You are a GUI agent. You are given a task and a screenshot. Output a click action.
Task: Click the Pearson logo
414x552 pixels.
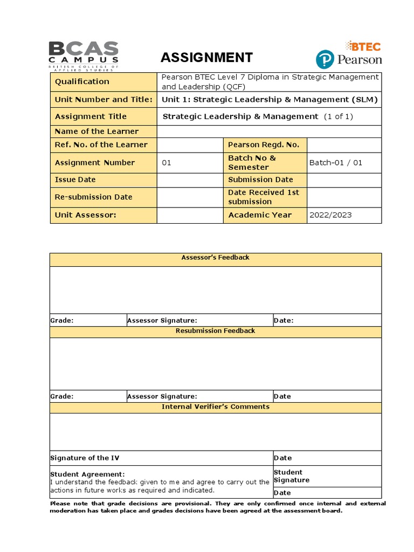point(349,59)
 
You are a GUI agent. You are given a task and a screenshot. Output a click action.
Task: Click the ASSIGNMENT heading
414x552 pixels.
point(206,58)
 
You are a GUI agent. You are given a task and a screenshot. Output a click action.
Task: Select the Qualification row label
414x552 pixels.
point(81,81)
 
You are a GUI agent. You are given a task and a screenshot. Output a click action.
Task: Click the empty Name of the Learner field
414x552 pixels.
point(269,132)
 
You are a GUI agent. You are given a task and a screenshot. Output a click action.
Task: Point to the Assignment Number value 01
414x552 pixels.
point(167,163)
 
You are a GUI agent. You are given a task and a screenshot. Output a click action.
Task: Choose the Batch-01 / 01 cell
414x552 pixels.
point(335,163)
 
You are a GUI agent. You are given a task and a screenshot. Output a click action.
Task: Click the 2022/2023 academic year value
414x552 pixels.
point(330,215)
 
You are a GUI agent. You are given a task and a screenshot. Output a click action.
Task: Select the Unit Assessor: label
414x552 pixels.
point(85,215)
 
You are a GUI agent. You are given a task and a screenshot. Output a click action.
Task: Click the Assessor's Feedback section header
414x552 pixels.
point(216,258)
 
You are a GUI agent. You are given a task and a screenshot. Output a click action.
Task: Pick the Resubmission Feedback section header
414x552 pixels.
point(216,331)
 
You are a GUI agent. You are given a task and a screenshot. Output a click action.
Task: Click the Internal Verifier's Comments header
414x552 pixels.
point(216,407)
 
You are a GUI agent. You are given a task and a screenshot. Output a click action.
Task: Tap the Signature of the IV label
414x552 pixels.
point(85,458)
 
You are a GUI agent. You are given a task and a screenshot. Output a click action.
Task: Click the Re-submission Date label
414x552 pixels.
point(93,197)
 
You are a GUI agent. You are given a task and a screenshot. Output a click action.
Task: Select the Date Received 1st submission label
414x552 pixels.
point(263,197)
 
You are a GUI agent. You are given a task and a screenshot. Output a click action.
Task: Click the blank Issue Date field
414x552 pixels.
point(189,180)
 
